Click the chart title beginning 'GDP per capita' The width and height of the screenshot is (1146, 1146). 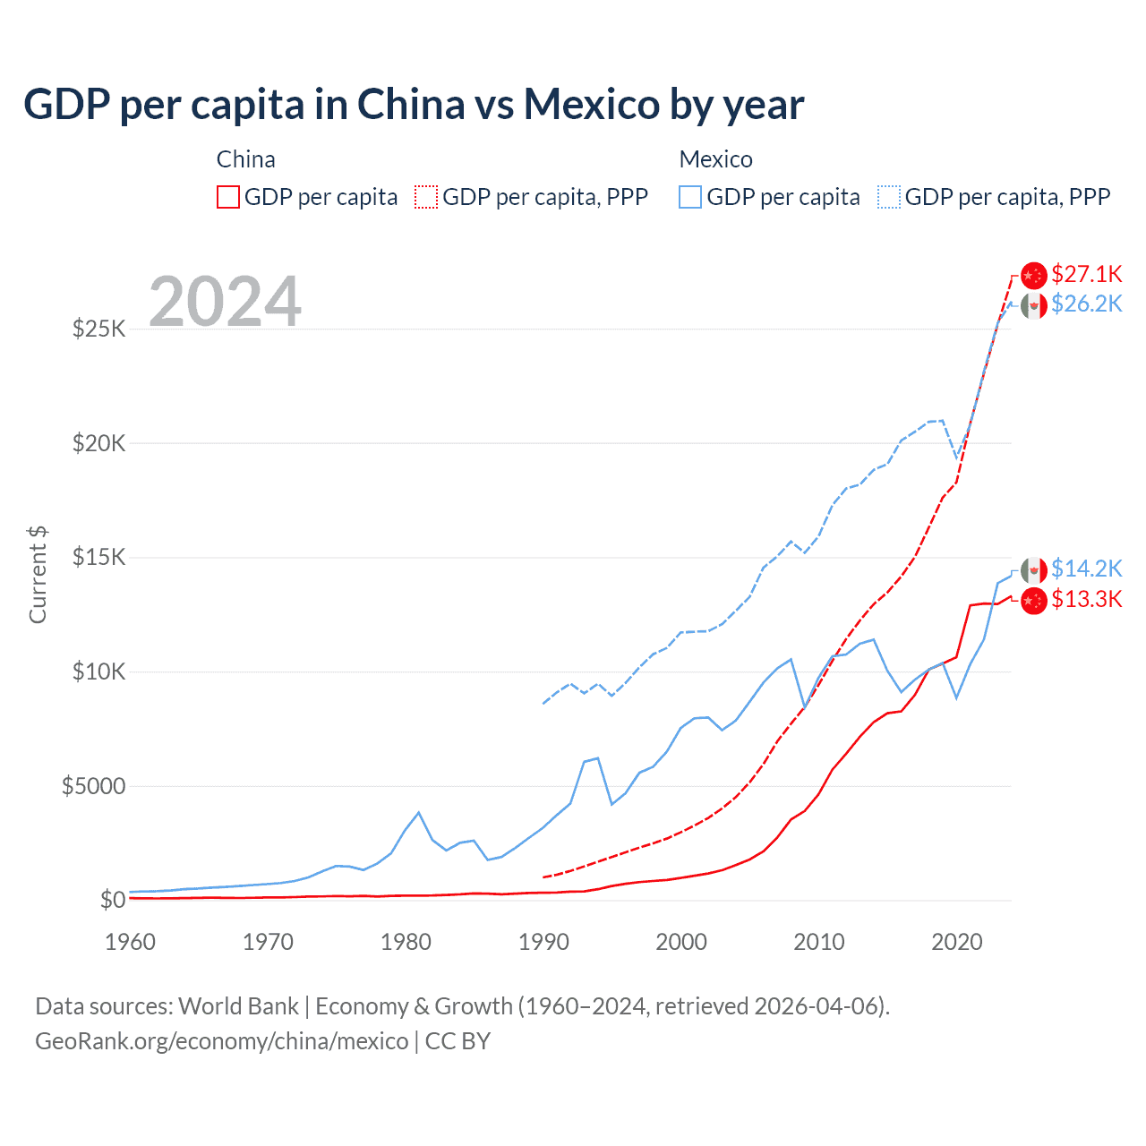coord(414,105)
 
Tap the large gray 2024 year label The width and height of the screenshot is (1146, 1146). coord(225,302)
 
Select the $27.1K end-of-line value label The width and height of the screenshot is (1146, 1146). coord(1086,274)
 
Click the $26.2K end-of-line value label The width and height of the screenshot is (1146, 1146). coord(1086,304)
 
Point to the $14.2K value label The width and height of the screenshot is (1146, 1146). coord(1086,569)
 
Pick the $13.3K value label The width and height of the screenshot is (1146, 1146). coord(1086,600)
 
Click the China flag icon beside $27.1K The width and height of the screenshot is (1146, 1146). coord(1034,275)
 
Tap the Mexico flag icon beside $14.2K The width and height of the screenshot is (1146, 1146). coord(1034,570)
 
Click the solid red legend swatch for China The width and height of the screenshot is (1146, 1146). coord(228,197)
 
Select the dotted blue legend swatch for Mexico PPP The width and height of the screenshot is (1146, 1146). coord(889,197)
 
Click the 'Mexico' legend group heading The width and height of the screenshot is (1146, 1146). coord(715,159)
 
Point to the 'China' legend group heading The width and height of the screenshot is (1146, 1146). coord(245,159)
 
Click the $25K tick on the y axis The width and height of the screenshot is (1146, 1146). coord(99,329)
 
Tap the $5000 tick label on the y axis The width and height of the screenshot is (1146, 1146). coord(93,786)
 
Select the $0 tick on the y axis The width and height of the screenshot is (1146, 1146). coord(112,900)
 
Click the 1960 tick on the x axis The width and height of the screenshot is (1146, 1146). coord(131,942)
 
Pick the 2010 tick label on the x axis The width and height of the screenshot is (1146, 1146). coord(819,942)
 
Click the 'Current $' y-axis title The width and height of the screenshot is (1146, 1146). coord(38,575)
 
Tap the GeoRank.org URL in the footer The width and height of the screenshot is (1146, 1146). coord(221,1041)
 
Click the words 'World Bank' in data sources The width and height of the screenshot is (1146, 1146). coord(238,1006)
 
